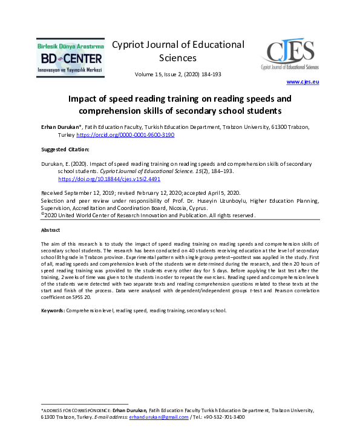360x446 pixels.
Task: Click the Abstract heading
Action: tap(50, 231)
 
